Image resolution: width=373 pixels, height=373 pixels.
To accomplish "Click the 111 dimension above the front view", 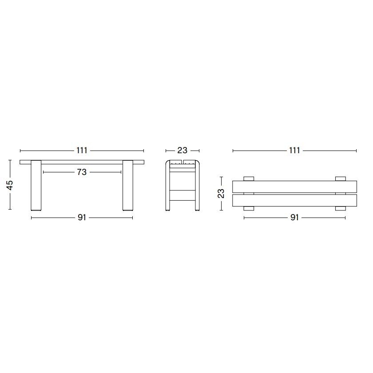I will pyautogui.click(x=82, y=151).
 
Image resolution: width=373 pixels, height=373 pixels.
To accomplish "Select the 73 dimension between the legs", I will pyautogui.click(x=82, y=172).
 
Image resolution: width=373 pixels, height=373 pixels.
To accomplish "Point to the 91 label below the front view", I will pyautogui.click(x=82, y=218).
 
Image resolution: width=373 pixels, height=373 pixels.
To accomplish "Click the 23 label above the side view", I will pyautogui.click(x=183, y=151).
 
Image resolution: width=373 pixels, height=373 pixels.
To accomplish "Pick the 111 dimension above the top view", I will pyautogui.click(x=294, y=151).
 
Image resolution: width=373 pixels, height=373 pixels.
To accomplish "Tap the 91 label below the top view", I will pyautogui.click(x=294, y=218).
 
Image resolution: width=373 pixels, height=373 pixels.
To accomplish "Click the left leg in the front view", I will pyautogui.click(x=36, y=186).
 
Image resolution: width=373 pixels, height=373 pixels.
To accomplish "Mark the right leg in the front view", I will pyautogui.click(x=127, y=186).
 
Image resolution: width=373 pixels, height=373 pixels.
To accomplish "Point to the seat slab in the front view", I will pyautogui.click(x=82, y=162).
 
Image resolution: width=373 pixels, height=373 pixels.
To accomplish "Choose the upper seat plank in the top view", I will pyautogui.click(x=294, y=186).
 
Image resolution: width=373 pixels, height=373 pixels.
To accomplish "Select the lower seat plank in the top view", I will pyautogui.click(x=294, y=200).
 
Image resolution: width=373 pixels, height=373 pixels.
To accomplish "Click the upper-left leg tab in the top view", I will pyautogui.click(x=249, y=179).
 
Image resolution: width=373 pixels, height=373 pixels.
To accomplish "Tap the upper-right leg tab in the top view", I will pyautogui.click(x=341, y=179).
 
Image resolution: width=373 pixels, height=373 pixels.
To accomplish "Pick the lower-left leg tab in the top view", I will pyautogui.click(x=249, y=208).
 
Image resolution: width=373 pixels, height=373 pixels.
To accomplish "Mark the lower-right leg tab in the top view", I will pyautogui.click(x=341, y=208).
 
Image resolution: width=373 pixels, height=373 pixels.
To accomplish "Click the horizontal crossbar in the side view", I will pyautogui.click(x=183, y=190).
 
